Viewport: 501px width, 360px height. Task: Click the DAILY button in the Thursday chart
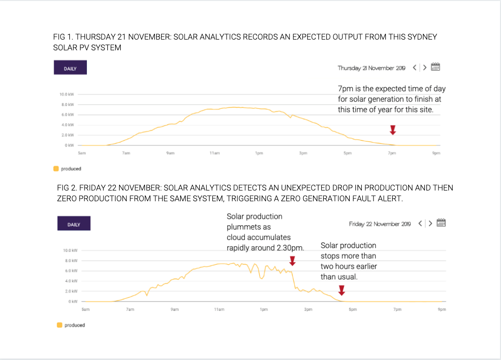tap(70, 68)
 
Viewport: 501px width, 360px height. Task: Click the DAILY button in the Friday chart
tap(74, 224)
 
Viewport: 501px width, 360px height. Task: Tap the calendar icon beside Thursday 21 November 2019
tap(436, 67)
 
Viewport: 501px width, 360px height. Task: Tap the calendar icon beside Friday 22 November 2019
tap(441, 223)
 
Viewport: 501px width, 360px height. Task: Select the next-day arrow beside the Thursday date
tap(425, 68)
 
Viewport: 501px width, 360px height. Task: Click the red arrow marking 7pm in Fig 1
tap(393, 129)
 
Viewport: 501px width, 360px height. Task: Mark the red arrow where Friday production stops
tap(342, 291)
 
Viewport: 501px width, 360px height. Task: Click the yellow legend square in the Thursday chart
tap(56, 169)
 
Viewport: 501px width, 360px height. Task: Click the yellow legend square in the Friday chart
tap(60, 325)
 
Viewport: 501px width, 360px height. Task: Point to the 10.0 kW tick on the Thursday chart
tap(66, 94)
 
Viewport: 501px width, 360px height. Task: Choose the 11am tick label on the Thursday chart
tap(214, 153)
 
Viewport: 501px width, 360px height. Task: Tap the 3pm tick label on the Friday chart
tap(308, 309)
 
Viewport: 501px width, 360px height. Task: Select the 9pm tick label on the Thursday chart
tap(436, 153)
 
